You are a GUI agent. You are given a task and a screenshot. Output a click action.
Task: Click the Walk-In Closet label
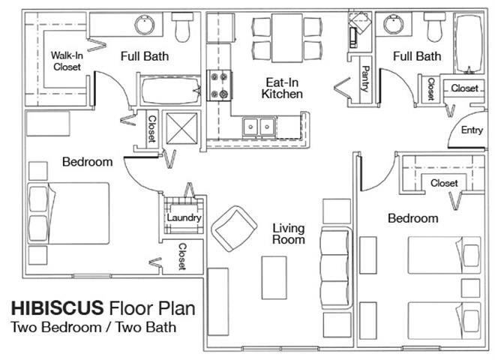[x=67, y=61]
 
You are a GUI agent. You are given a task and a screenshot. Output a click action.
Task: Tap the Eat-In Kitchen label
[x=282, y=88]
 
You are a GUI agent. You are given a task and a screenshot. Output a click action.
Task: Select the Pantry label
[x=365, y=79]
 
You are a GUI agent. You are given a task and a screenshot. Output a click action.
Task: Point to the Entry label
[x=472, y=130]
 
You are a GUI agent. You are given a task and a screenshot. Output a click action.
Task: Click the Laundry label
[x=184, y=217]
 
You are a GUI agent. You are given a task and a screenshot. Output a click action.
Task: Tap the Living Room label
[x=289, y=234]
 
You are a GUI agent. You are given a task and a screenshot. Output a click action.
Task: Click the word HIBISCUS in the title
[x=58, y=308]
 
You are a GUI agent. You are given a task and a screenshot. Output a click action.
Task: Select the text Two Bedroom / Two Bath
[x=94, y=327]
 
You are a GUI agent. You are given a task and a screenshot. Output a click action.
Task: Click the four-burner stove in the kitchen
[x=220, y=85]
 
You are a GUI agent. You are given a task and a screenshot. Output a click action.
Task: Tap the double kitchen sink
[x=259, y=127]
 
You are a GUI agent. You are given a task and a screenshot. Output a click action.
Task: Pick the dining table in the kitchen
[x=287, y=38]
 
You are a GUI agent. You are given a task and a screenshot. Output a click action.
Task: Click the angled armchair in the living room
[x=234, y=229]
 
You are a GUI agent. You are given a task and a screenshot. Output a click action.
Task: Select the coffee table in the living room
[x=274, y=277]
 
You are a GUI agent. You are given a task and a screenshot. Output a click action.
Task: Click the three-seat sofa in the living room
[x=336, y=268]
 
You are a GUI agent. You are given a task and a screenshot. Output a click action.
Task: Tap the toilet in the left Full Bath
[x=182, y=27]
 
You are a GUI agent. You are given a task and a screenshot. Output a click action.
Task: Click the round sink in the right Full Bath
[x=392, y=25]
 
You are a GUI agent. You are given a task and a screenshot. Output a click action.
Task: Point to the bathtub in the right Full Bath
[x=469, y=43]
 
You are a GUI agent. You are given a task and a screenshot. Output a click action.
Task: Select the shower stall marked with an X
[x=181, y=128]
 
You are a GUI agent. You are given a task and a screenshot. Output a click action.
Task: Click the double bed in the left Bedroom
[x=68, y=214]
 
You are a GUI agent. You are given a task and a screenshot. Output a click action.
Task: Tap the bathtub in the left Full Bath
[x=170, y=90]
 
